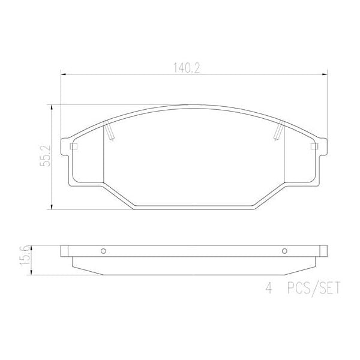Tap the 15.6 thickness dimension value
25,256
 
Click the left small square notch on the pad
73,146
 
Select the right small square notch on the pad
312,146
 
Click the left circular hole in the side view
103,251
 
